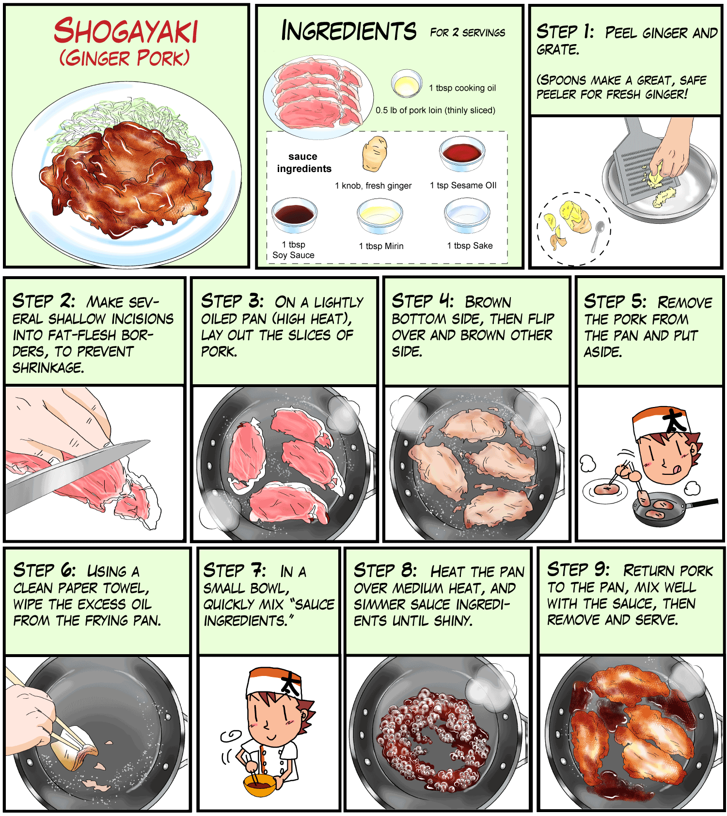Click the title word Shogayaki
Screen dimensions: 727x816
click(x=126, y=31)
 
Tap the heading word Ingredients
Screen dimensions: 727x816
click(x=348, y=31)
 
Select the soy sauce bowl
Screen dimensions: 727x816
click(x=294, y=214)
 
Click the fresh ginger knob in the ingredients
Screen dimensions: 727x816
click(x=374, y=154)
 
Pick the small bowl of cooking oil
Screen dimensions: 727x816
click(x=407, y=83)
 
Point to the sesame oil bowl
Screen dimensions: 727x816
click(x=462, y=154)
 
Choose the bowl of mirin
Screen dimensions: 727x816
click(x=379, y=216)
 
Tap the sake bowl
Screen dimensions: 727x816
click(x=467, y=216)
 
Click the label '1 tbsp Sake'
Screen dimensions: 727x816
click(x=470, y=246)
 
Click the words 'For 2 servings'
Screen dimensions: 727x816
click(x=468, y=32)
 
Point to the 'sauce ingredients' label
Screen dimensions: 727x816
click(x=304, y=162)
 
